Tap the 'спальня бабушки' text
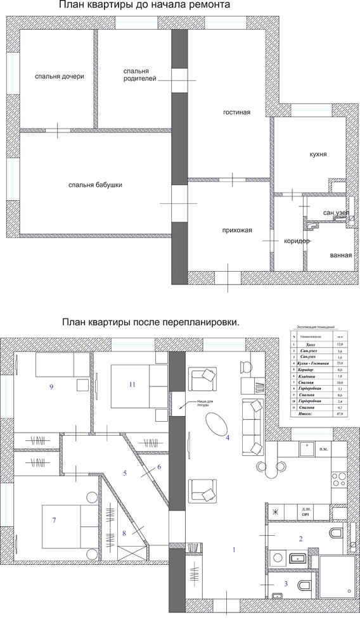click(95, 185)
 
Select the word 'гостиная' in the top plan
click(236, 113)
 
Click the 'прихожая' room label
click(237, 231)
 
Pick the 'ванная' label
click(340, 255)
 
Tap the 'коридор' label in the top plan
click(296, 241)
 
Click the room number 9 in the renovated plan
click(51, 386)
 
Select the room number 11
click(132, 384)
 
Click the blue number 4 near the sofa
click(228, 437)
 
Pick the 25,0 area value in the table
click(340, 364)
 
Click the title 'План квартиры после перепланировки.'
click(150, 322)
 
